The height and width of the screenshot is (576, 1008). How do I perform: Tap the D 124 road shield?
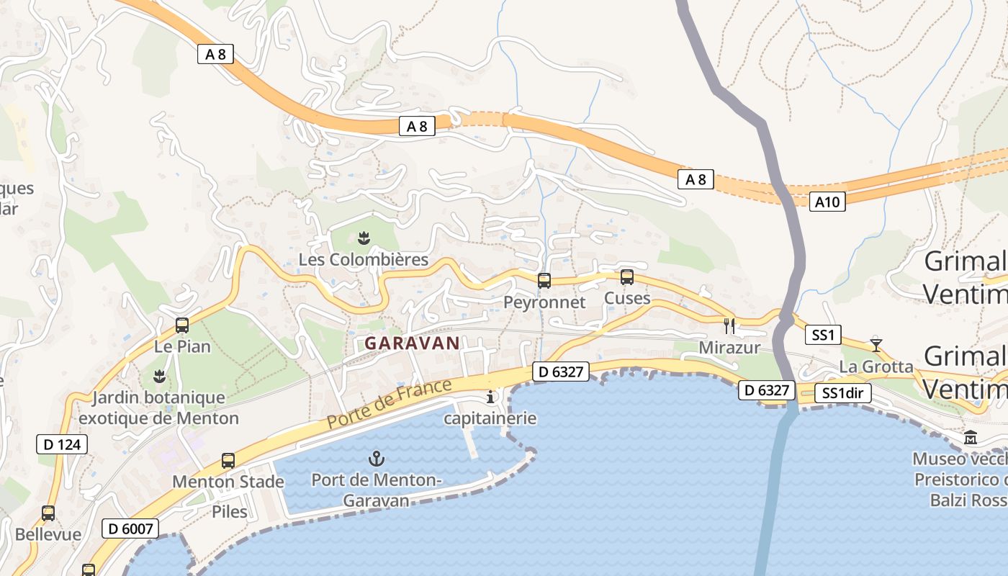click(62, 444)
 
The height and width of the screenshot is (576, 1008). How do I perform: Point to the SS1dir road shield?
click(843, 393)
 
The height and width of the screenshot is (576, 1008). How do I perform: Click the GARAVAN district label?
click(412, 343)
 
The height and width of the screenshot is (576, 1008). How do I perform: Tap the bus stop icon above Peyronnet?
click(544, 281)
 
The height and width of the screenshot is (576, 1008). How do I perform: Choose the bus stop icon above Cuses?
click(627, 277)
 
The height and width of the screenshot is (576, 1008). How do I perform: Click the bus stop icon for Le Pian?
click(182, 325)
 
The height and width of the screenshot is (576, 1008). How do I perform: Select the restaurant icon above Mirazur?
click(730, 326)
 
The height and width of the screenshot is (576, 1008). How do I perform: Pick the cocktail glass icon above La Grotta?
click(876, 344)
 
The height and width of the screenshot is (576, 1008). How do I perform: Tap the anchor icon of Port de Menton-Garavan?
click(376, 458)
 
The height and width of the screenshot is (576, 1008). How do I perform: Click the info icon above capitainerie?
click(491, 397)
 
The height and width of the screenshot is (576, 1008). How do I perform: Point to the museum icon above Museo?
click(971, 437)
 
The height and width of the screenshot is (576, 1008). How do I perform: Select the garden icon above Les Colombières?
click(364, 238)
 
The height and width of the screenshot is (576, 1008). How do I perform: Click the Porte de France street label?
click(390, 403)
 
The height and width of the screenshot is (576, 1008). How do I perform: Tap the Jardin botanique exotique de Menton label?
click(158, 408)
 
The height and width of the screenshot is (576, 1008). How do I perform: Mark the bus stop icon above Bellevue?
click(48, 513)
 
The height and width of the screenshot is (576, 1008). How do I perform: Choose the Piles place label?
click(230, 512)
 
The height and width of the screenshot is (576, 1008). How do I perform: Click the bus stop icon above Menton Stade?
click(228, 461)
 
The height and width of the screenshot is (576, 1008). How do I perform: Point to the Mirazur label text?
click(729, 348)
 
